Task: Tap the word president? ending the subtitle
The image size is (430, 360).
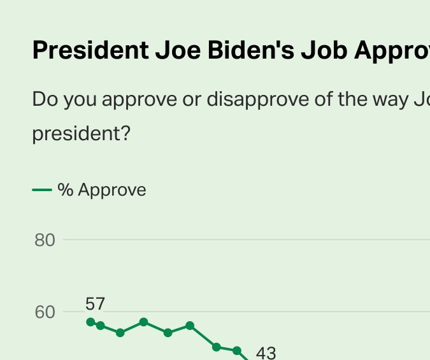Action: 81,134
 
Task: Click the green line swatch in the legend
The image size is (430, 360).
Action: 42,189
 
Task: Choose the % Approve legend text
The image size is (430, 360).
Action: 102,190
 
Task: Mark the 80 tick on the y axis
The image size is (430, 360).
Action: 45,240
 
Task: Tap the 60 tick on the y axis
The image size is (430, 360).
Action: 45,312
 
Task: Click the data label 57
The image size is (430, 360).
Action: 95,304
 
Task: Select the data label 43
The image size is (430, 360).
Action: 266,352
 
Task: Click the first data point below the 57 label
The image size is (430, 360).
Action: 90,322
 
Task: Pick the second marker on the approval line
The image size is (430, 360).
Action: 100,326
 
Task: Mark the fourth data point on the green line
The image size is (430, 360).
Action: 144,322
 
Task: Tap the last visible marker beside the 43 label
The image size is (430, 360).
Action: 237,350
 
